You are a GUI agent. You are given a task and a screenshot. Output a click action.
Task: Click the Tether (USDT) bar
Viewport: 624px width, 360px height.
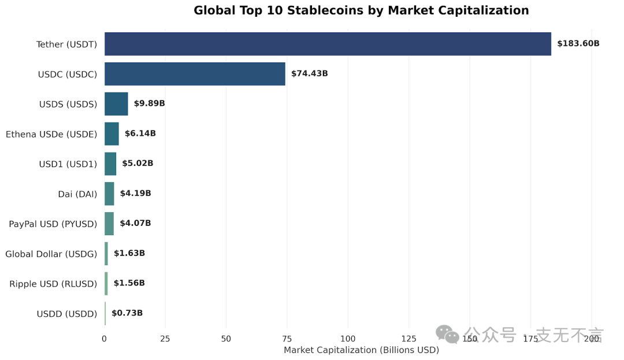tap(328, 44)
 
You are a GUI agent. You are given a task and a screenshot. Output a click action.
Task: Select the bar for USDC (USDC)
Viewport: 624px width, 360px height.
tap(195, 74)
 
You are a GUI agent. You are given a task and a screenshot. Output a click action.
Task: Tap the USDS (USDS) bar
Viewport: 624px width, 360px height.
tap(116, 104)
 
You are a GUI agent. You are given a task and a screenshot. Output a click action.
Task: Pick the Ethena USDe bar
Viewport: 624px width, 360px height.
tap(112, 134)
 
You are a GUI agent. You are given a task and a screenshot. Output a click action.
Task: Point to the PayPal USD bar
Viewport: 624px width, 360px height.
tap(109, 224)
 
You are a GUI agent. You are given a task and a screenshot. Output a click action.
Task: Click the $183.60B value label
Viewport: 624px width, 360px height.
tap(578, 43)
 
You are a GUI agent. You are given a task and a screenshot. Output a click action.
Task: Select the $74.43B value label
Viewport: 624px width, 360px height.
tap(309, 73)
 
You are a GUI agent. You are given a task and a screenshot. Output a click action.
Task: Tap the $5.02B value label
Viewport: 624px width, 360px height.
tap(138, 164)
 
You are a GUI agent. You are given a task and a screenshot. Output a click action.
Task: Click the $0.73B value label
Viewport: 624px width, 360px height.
tap(127, 313)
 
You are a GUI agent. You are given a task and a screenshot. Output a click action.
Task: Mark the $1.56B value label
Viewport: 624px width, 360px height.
tap(129, 283)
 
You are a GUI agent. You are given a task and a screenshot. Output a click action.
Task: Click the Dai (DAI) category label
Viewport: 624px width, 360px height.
tap(77, 194)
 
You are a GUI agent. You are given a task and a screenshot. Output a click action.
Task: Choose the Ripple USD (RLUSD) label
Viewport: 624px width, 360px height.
tap(53, 284)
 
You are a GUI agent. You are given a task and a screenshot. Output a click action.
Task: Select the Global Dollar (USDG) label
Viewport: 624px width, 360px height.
tap(51, 254)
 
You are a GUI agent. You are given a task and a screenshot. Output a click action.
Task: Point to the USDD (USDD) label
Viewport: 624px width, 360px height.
tap(66, 314)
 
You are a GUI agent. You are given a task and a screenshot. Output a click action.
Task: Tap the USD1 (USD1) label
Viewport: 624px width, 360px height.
tap(68, 164)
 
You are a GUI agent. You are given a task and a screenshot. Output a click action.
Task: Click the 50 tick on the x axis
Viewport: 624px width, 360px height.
tap(226, 339)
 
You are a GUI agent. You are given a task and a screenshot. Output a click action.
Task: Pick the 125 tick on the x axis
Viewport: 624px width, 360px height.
tap(408, 339)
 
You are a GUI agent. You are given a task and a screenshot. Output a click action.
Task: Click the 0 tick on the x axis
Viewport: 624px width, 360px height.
tap(104, 339)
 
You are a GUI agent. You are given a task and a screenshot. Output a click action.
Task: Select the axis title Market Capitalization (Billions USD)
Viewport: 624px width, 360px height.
tap(361, 350)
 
